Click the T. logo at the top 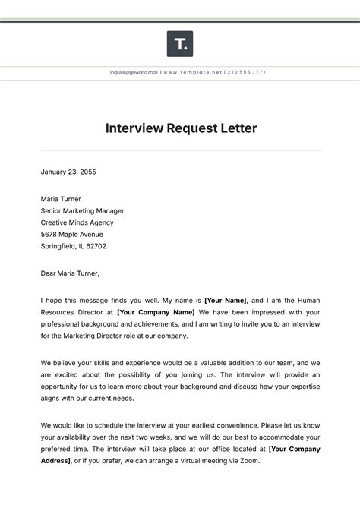point(180,44)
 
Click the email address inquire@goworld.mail point(134,72)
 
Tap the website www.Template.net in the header point(193,72)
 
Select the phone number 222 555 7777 point(247,72)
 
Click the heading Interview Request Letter point(180,128)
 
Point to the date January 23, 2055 point(68,172)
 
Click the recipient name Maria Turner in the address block point(61,199)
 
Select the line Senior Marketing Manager point(82,211)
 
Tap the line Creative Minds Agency point(77,222)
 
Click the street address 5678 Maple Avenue point(73,235)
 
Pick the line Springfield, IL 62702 point(74,246)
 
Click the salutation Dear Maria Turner point(69,273)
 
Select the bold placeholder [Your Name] point(226,301)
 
